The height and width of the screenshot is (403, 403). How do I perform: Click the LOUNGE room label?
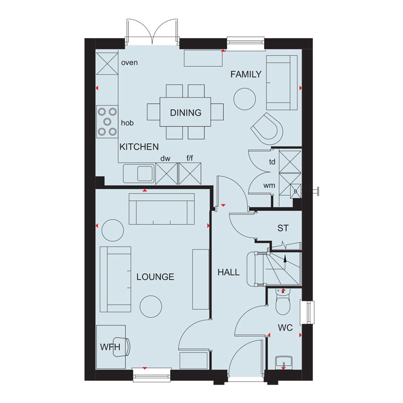point(155,277)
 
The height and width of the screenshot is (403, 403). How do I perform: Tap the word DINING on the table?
point(186,112)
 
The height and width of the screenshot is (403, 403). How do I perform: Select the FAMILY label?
point(246,74)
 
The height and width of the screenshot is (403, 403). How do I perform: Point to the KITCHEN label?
point(139,147)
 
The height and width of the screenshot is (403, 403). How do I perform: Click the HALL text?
point(229,272)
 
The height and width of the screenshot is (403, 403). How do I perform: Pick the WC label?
point(285,328)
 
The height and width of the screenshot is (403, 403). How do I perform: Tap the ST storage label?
point(283,228)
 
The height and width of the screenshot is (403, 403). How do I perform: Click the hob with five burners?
point(107,121)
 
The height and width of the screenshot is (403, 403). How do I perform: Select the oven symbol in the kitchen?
point(107,64)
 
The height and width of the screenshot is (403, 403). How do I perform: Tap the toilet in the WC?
point(283,302)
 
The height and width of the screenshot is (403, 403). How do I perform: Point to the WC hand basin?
point(284,363)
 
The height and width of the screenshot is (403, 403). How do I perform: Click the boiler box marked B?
point(295,191)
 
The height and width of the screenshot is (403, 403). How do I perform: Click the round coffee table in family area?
point(244,99)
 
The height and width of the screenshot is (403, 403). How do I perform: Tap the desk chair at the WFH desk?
point(121,347)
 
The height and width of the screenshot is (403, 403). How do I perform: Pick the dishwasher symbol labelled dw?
point(167,173)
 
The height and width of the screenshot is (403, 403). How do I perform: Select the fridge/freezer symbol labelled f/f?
point(190,173)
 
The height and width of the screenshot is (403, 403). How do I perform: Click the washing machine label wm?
point(269,185)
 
